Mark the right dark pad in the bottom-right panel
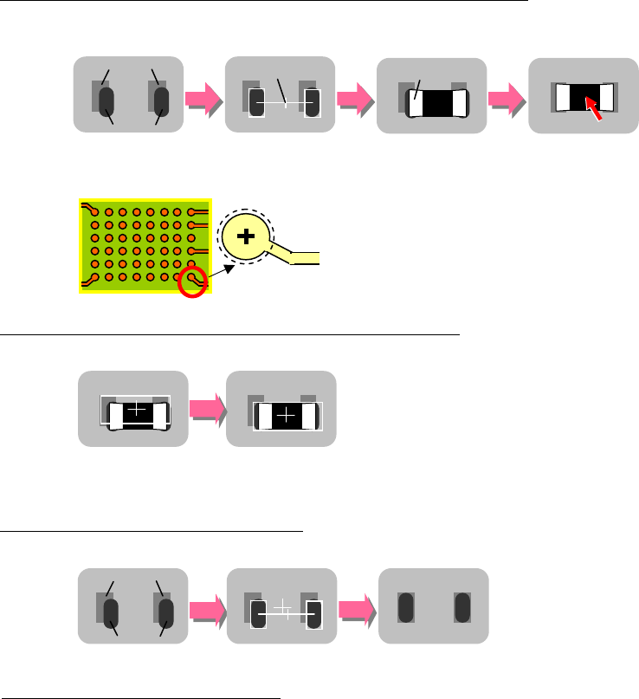pyautogui.click(x=460, y=607)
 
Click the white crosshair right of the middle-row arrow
pyautogui.click(x=287, y=417)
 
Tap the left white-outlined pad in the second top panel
pyautogui.click(x=257, y=103)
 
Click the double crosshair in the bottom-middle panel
pyautogui.click(x=285, y=611)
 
